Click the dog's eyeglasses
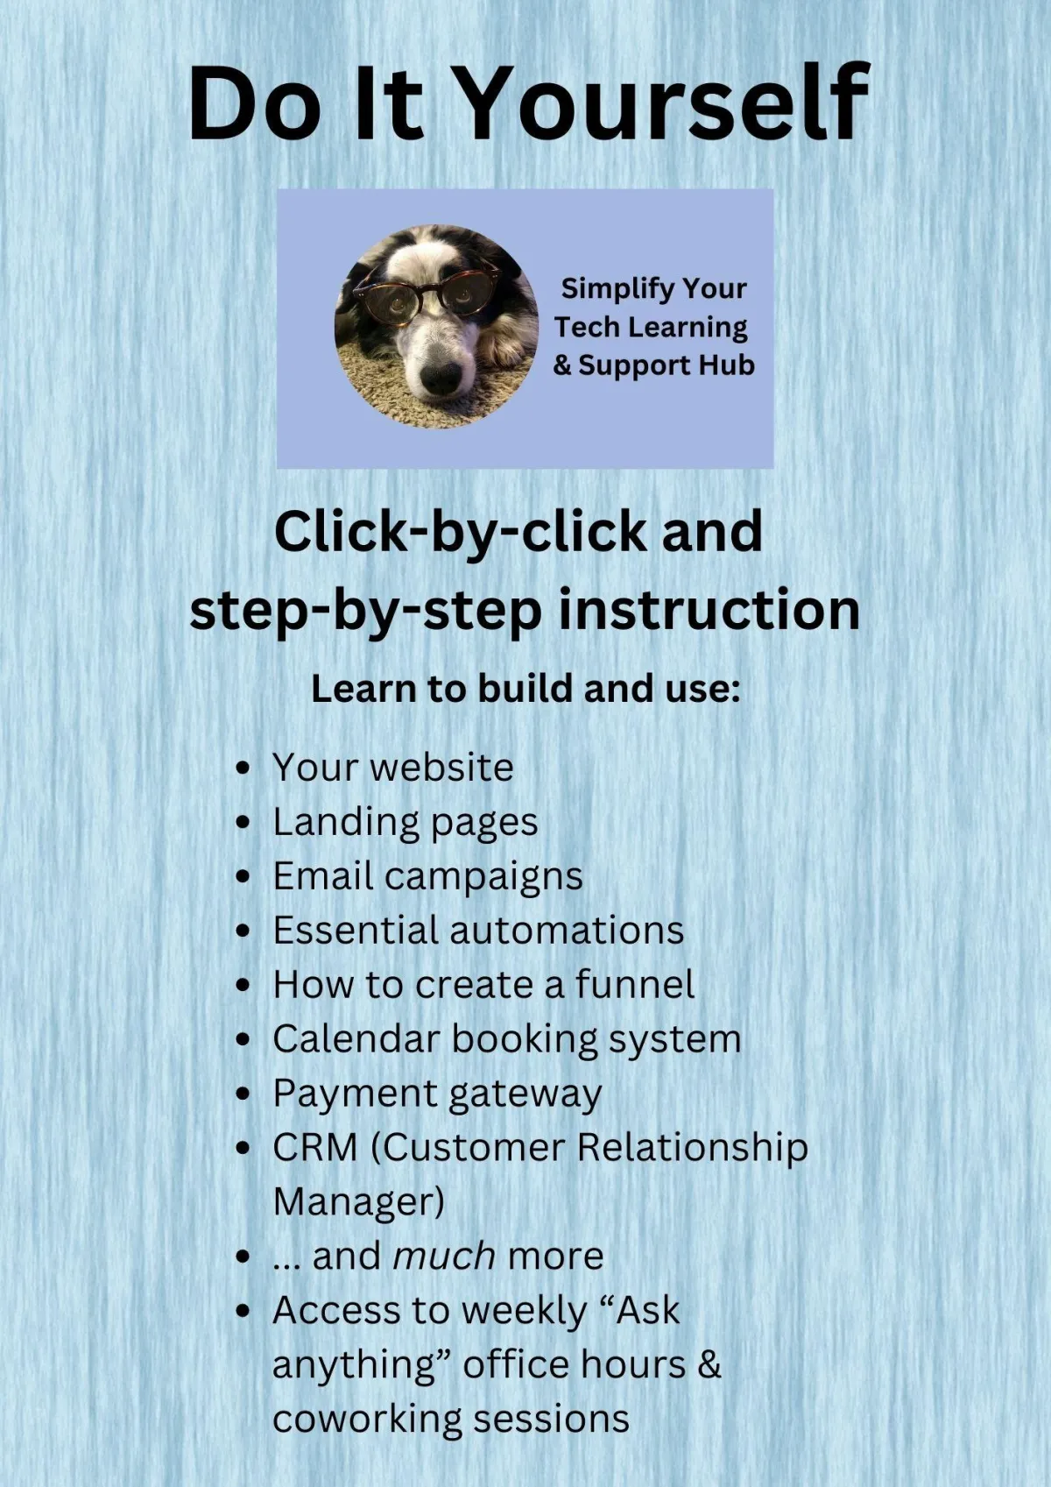(x=427, y=289)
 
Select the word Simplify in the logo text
(x=608, y=289)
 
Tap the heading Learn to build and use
(x=525, y=689)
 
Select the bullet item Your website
(x=392, y=768)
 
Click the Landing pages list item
(x=406, y=823)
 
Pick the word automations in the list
(x=568, y=930)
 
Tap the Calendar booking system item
(x=507, y=1039)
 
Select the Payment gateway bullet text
(x=437, y=1094)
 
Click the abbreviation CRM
(x=315, y=1148)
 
